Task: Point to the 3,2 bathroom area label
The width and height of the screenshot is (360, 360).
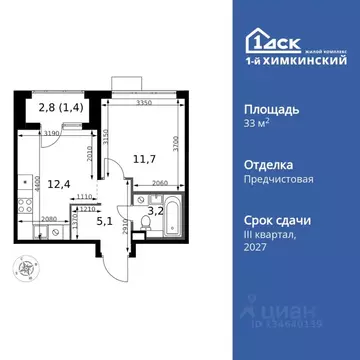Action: (155, 209)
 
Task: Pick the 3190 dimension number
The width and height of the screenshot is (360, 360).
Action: (45, 132)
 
